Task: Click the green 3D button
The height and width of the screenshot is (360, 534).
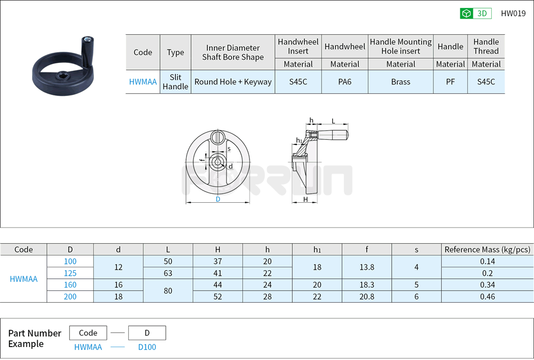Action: (476, 13)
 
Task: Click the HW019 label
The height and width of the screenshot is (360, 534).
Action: (513, 13)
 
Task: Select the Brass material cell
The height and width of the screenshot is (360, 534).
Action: (400, 82)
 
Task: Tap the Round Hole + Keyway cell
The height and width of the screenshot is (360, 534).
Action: (233, 82)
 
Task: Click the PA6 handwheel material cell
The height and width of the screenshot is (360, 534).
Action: (345, 82)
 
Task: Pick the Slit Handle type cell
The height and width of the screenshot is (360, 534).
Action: (175, 82)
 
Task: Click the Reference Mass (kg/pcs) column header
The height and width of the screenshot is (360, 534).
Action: (487, 249)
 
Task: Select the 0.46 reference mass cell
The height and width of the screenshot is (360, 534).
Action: (487, 297)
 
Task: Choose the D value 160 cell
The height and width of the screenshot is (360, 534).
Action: (70, 285)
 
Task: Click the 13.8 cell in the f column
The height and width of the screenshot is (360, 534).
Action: (366, 267)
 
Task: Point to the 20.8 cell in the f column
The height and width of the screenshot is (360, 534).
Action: (366, 297)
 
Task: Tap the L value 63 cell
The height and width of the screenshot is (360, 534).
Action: (168, 273)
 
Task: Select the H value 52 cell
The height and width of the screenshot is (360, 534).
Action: (218, 297)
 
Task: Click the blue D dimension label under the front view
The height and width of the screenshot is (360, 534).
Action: (218, 199)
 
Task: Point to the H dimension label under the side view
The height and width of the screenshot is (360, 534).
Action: (306, 199)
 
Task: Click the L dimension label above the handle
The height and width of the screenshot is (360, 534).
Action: (333, 121)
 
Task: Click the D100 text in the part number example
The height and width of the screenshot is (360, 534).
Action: (147, 347)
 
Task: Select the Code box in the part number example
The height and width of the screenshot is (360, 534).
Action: (88, 333)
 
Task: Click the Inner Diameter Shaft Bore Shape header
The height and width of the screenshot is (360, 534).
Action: (233, 52)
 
